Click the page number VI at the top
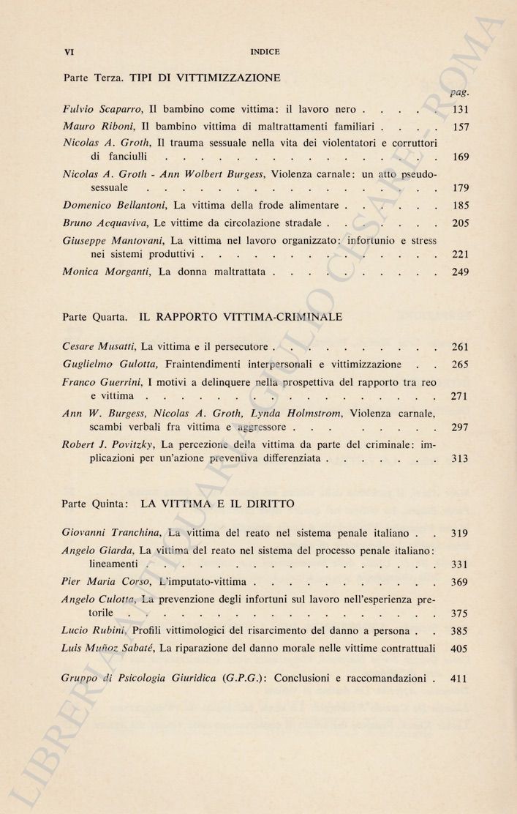click(70, 52)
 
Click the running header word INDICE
click(265, 52)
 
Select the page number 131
click(460, 110)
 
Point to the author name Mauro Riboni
click(96, 125)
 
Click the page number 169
click(460, 157)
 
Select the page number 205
click(460, 223)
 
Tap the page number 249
click(460, 273)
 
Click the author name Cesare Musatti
click(99, 346)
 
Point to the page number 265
click(460, 365)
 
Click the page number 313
click(460, 460)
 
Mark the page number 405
click(460, 649)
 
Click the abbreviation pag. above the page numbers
click(459, 92)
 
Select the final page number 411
click(459, 679)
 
